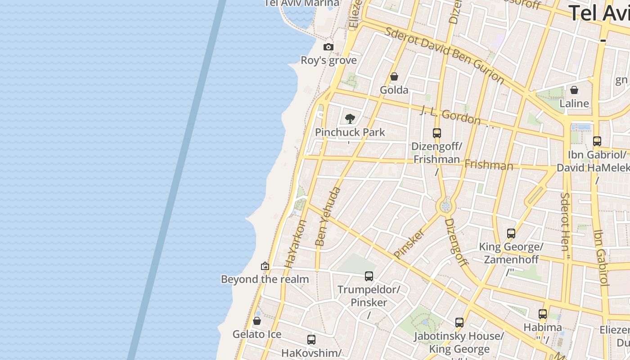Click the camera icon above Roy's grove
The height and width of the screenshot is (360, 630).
328,47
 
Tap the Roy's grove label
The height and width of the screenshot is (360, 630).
328,60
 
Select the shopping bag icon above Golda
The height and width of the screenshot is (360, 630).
394,76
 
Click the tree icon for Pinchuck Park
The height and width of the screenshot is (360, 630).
350,119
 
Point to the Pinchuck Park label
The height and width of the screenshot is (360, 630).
350,132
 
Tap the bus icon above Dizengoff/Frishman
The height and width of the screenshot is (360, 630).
437,133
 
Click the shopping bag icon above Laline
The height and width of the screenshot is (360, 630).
574,90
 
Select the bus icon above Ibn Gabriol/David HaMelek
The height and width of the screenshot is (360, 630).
597,141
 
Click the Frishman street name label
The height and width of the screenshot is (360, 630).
489,165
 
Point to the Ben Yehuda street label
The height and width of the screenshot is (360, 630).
328,217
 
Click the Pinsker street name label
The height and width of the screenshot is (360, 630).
409,244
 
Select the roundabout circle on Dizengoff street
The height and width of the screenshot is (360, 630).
446,207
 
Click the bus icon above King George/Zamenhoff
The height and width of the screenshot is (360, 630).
511,233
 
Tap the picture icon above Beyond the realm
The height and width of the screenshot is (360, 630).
265,266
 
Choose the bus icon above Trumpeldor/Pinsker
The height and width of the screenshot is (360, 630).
369,276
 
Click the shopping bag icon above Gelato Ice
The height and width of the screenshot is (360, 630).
257,321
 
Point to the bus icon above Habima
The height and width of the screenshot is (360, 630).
543,314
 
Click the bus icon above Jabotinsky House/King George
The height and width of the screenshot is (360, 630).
459,322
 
